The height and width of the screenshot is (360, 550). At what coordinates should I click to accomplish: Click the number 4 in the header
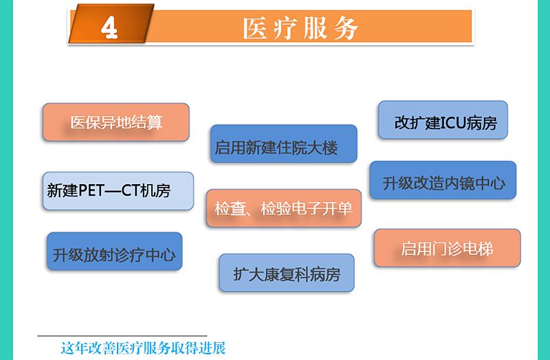tap(109, 28)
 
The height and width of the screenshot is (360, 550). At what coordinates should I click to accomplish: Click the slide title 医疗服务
tap(300, 28)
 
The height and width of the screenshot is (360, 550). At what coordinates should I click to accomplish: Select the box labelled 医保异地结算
tap(116, 122)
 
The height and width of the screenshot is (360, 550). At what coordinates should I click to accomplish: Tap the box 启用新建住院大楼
tap(284, 144)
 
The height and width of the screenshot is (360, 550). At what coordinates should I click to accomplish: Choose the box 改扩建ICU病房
tap(443, 120)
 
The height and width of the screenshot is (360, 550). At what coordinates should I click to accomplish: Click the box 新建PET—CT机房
tap(118, 191)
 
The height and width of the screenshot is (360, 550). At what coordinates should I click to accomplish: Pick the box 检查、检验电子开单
tap(284, 208)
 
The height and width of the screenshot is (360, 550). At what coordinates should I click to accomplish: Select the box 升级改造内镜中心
tap(443, 180)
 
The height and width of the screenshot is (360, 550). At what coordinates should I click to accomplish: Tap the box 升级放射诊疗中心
tap(115, 251)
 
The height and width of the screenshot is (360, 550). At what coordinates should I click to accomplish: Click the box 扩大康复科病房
tap(287, 273)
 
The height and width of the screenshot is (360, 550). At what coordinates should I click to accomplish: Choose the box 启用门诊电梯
tap(448, 248)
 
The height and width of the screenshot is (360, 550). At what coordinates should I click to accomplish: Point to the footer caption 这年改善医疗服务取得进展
tap(143, 348)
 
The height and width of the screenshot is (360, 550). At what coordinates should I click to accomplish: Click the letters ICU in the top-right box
tap(453, 123)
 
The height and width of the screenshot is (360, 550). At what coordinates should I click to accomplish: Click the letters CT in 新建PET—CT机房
tap(130, 191)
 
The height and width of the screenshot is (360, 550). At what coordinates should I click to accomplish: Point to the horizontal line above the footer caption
tap(122, 336)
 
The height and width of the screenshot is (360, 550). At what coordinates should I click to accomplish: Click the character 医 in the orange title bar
tap(254, 28)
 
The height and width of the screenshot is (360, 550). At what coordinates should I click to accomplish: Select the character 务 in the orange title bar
tap(346, 28)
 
